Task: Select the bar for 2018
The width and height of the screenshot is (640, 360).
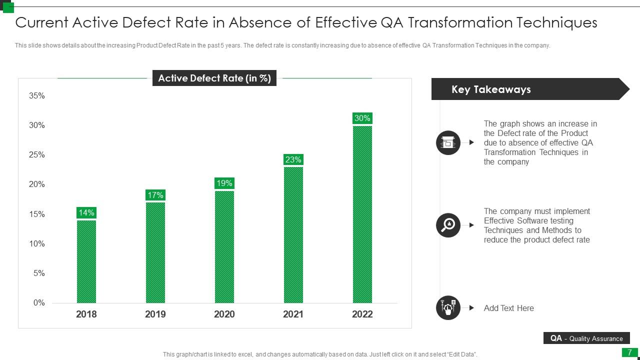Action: pyautogui.click(x=86, y=261)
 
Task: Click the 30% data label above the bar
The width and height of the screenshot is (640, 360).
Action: pyautogui.click(x=362, y=118)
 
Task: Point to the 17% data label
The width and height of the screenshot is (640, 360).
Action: pyautogui.click(x=155, y=195)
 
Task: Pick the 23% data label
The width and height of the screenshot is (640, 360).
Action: pyautogui.click(x=293, y=159)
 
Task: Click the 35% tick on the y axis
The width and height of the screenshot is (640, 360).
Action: pyautogui.click(x=37, y=95)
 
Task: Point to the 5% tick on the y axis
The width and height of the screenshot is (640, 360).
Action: pyautogui.click(x=39, y=273)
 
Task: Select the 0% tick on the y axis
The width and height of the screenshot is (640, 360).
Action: pyautogui.click(x=39, y=302)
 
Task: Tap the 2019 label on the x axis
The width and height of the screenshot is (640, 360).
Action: pyautogui.click(x=155, y=314)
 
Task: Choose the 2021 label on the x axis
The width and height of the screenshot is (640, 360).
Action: pyautogui.click(x=293, y=314)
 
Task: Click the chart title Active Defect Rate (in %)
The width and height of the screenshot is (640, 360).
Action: pyautogui.click(x=214, y=78)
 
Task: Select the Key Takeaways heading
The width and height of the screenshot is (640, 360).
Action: pyautogui.click(x=490, y=89)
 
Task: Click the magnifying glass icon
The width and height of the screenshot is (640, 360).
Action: pyautogui.click(x=448, y=225)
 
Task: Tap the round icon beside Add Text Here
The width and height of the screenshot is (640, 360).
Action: pyautogui.click(x=448, y=307)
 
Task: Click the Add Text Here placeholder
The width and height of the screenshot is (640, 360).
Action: pyautogui.click(x=508, y=308)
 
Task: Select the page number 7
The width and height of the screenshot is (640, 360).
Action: pyautogui.click(x=629, y=352)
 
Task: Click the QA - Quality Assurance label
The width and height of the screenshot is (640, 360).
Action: pyautogui.click(x=586, y=338)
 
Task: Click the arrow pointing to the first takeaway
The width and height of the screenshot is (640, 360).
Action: pyautogui.click(x=471, y=142)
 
